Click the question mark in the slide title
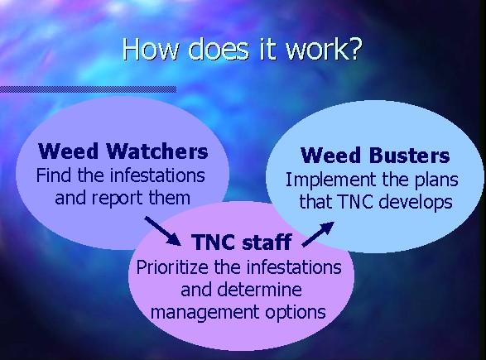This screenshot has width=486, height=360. click(354, 49)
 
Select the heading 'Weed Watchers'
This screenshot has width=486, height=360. click(123, 151)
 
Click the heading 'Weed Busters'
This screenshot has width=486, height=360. click(375, 155)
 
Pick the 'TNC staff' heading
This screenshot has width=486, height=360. click(242, 242)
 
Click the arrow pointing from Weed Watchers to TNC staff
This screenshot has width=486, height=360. click(163, 231)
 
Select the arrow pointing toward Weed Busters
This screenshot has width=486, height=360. click(318, 234)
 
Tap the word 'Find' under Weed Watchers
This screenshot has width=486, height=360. click(55, 175)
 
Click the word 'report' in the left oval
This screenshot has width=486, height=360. click(118, 199)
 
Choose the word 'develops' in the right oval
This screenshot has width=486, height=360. click(416, 202)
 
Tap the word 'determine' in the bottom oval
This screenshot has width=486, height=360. click(259, 290)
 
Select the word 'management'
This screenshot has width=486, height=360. click(205, 312)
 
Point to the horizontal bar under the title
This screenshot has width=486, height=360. click(88, 89)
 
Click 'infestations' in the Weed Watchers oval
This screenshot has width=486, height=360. click(157, 175)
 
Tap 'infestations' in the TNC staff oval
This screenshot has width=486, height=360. click(294, 267)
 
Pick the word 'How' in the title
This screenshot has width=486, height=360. click(151, 49)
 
